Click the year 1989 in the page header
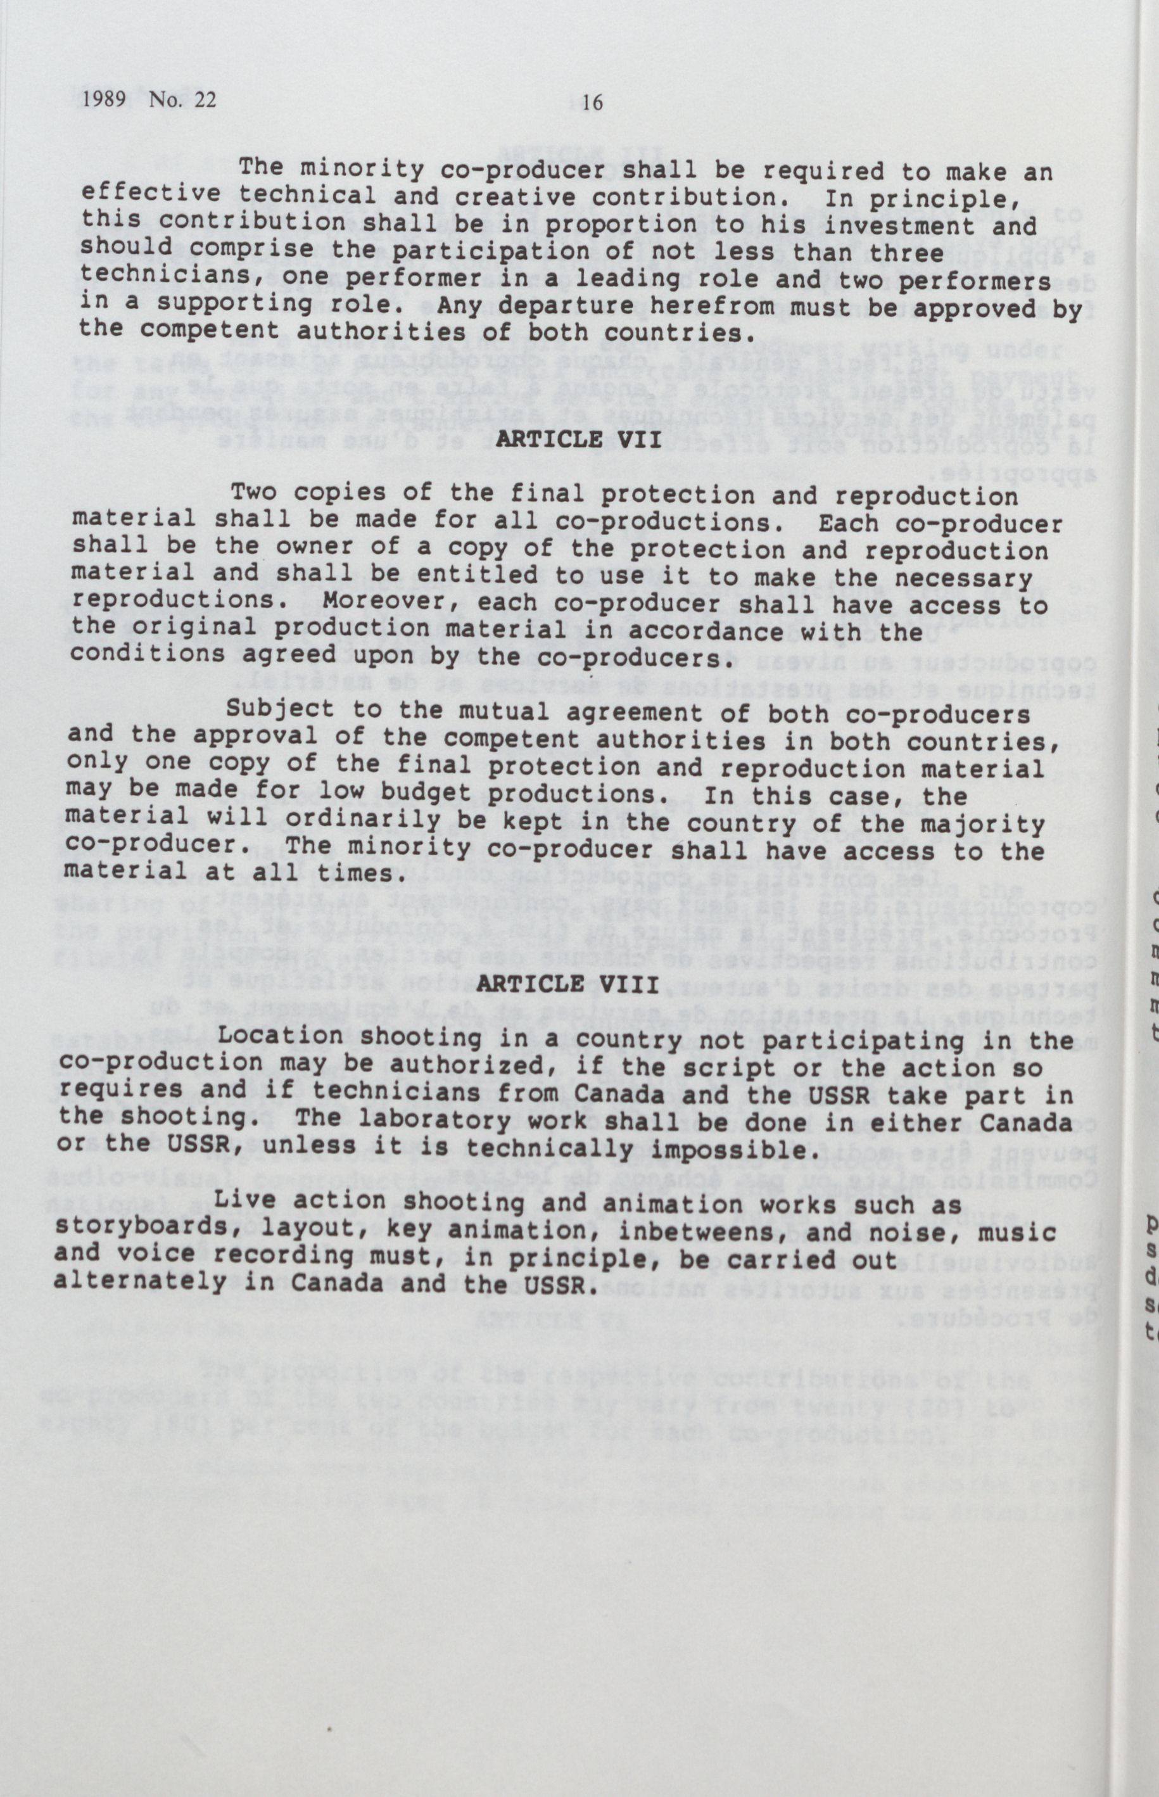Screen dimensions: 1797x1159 pyautogui.click(x=104, y=99)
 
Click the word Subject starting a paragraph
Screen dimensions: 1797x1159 pyautogui.click(x=280, y=709)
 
